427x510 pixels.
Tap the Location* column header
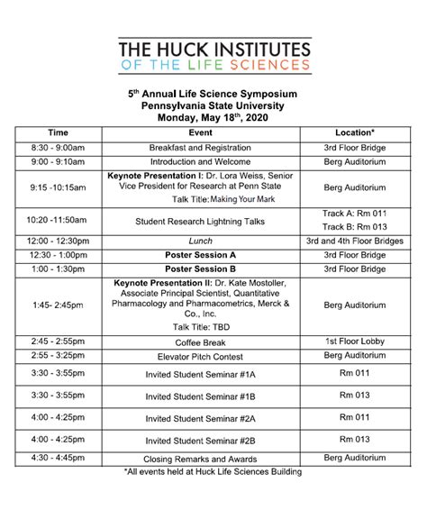click(354, 132)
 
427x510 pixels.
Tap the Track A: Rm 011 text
click(354, 214)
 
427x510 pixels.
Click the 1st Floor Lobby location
click(354, 342)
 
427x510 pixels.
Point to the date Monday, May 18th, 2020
click(213, 116)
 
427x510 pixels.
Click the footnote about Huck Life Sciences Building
click(213, 471)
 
